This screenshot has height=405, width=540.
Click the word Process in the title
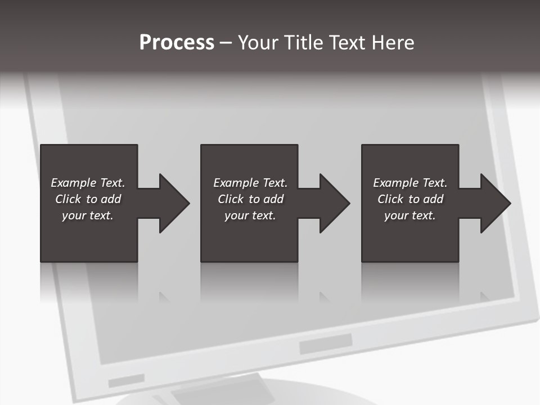(177, 43)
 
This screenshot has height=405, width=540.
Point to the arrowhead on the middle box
(334, 203)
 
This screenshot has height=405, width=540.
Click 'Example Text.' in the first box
(88, 183)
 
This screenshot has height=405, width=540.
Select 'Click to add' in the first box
(88, 199)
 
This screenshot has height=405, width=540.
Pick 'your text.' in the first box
(88, 215)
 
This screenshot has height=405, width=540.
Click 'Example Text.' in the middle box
(250, 183)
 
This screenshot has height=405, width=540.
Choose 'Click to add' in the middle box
(250, 199)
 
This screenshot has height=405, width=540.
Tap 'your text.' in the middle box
(250, 215)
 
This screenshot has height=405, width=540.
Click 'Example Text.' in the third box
(410, 183)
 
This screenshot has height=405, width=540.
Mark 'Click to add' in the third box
(410, 199)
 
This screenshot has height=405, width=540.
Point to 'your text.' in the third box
(410, 215)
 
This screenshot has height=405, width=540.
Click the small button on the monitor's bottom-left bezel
(126, 381)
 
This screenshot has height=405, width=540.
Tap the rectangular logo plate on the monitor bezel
(326, 343)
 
